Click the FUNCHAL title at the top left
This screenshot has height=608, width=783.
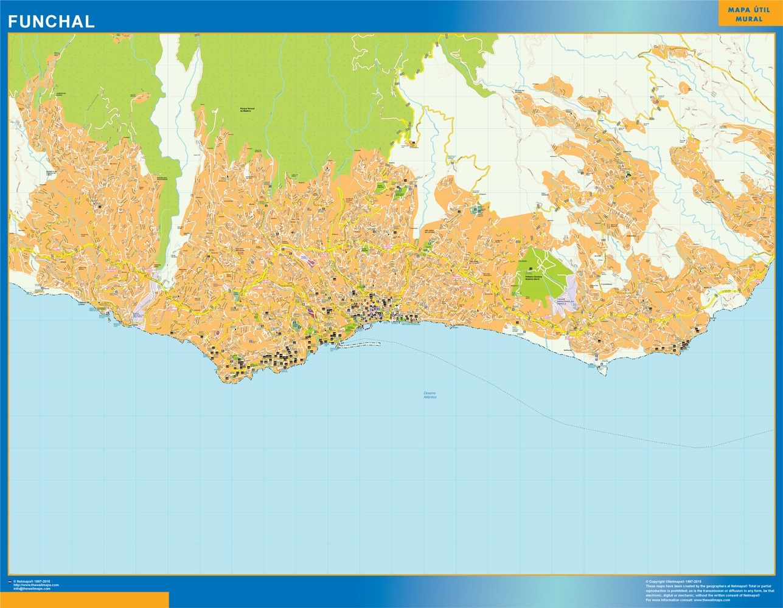[x=51, y=22]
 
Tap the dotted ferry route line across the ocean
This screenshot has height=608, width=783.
[x=548, y=413]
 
